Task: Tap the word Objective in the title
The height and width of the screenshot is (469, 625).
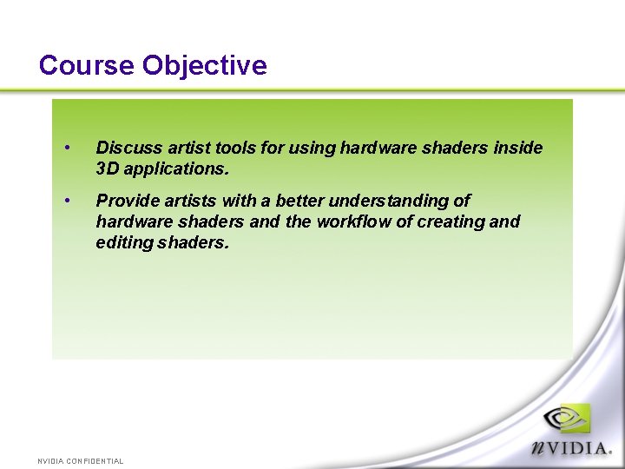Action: pyautogui.click(x=205, y=65)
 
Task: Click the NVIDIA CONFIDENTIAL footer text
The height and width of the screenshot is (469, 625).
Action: pyautogui.click(x=81, y=460)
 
